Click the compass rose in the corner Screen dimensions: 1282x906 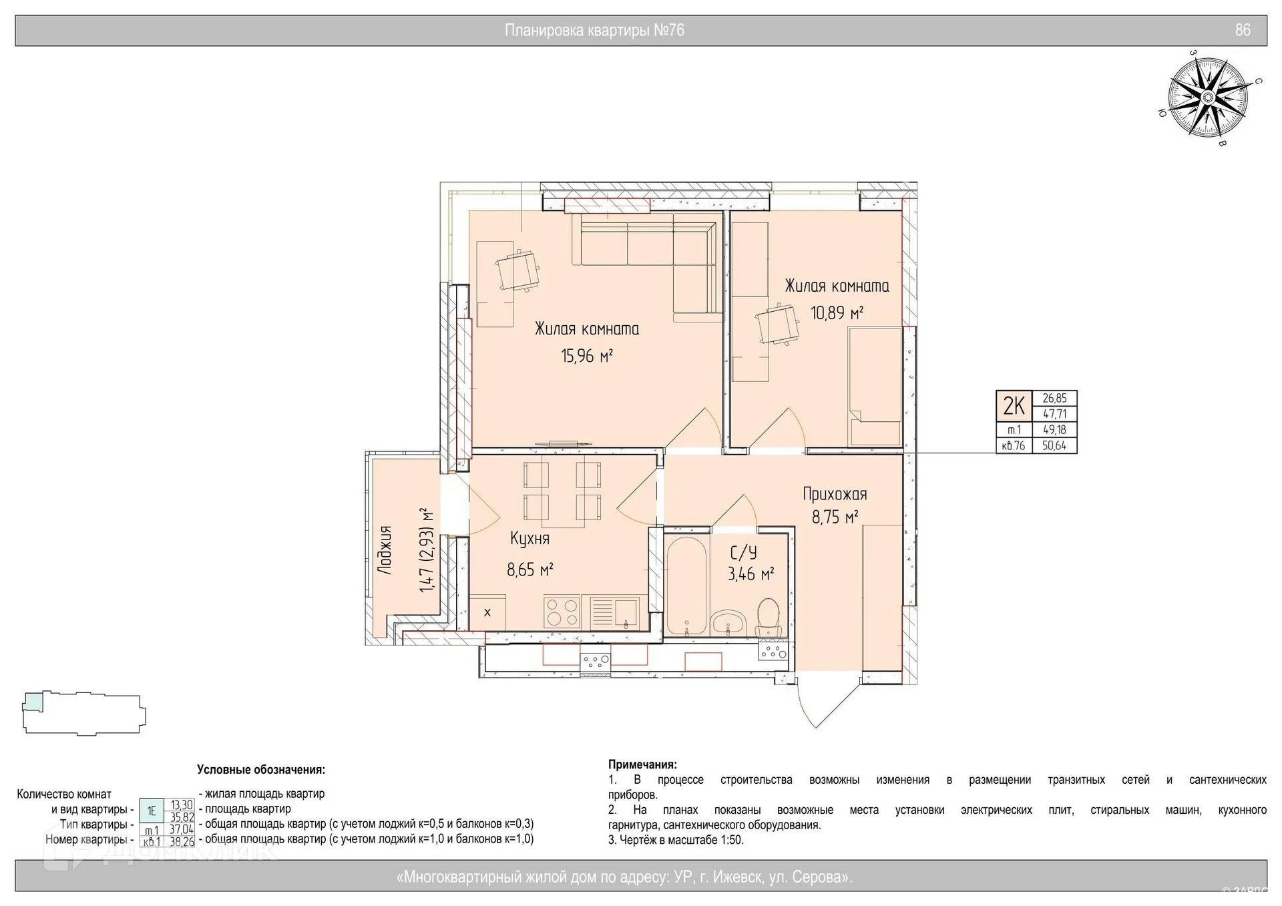point(1207,98)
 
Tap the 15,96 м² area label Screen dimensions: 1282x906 point(587,355)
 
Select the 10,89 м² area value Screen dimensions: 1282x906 point(837,312)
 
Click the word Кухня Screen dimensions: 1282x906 point(529,539)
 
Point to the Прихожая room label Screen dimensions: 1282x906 point(835,495)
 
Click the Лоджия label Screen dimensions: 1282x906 point(384,549)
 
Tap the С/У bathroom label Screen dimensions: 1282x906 point(743,553)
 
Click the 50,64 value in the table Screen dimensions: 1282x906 point(1054,446)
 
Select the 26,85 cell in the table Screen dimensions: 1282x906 point(1054,399)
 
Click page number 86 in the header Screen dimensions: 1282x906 point(1243,30)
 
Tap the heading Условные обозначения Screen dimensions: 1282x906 point(261,770)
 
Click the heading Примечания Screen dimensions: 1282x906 point(642,764)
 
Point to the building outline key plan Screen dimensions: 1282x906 point(83,714)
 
